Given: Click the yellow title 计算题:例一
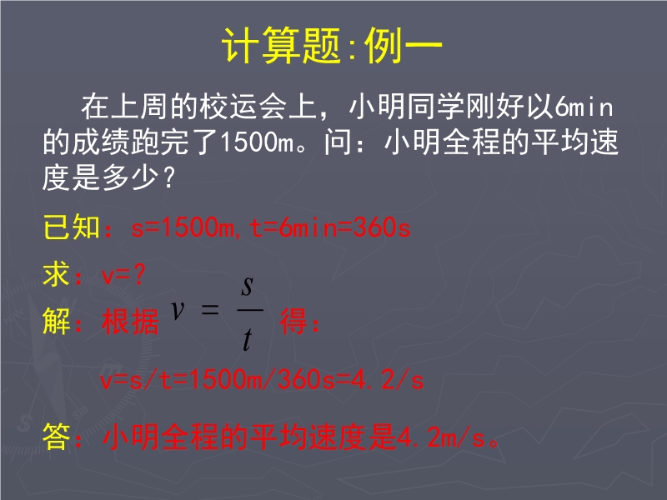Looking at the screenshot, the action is [332, 45].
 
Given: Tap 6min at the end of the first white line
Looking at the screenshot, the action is [584, 107].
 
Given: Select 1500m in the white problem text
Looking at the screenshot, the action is [257, 142].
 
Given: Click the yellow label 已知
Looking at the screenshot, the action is [72, 227].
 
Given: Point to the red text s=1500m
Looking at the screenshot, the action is [182, 227].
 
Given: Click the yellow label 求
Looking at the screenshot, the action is [57, 274].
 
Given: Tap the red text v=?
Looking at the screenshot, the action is [123, 275].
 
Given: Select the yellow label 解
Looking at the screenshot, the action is [57, 321].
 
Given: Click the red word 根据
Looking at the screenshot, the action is [130, 321].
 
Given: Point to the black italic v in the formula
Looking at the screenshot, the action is [178, 309].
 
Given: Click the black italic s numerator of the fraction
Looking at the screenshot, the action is [247, 286].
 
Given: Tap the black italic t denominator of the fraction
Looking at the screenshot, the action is [247, 340].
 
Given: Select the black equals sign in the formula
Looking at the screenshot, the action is [210, 309].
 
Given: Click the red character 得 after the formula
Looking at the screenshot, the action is [293, 321].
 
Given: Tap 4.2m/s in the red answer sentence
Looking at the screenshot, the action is [440, 437].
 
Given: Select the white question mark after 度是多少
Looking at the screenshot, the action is [169, 177].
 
